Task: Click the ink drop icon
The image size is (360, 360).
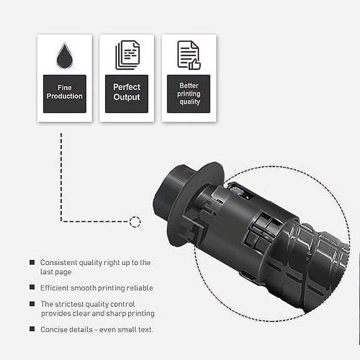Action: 64,56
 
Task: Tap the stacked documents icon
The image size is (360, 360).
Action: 127,55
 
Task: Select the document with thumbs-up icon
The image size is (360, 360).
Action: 189,55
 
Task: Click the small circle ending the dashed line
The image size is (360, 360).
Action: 134,221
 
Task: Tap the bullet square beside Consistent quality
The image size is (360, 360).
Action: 32,262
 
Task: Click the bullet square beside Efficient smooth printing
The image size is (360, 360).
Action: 32,287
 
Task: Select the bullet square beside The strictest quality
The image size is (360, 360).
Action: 32,304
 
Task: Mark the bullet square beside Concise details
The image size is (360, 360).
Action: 32,329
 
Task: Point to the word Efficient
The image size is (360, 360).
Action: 57,287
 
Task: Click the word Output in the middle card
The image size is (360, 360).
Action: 127,98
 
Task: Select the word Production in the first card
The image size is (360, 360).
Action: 64,97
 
